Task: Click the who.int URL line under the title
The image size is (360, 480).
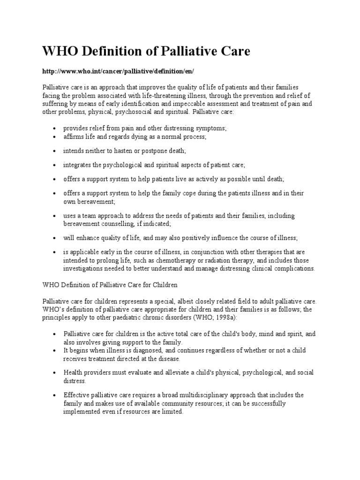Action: coord(118,71)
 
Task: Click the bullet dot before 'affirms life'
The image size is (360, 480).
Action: coord(55,136)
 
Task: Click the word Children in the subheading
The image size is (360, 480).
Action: coord(160,285)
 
